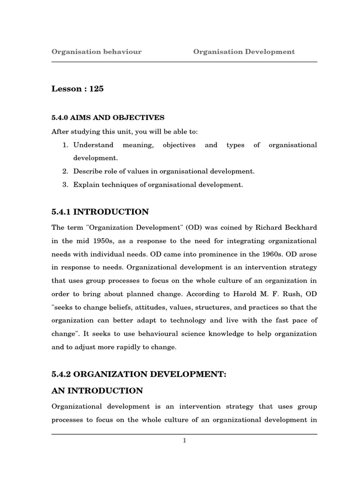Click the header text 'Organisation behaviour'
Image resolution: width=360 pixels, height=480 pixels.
[x=97, y=52]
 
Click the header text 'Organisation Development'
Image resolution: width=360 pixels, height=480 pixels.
[x=244, y=52]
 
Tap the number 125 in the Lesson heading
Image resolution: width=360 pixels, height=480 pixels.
[x=95, y=89]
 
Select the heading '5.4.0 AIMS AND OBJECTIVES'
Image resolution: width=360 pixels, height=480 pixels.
[x=108, y=117]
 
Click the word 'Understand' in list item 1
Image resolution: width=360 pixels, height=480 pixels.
[x=93, y=145]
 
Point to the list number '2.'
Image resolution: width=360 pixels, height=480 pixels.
[x=66, y=172]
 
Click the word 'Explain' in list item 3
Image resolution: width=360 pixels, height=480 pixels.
[x=85, y=185]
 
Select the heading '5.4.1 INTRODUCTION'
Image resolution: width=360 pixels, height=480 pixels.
[x=100, y=212]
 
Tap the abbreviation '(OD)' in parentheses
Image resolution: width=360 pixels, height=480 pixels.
[x=194, y=227]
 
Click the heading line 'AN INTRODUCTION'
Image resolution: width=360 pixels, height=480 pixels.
[x=97, y=390]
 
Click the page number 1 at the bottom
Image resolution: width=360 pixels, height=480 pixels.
[x=185, y=440]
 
